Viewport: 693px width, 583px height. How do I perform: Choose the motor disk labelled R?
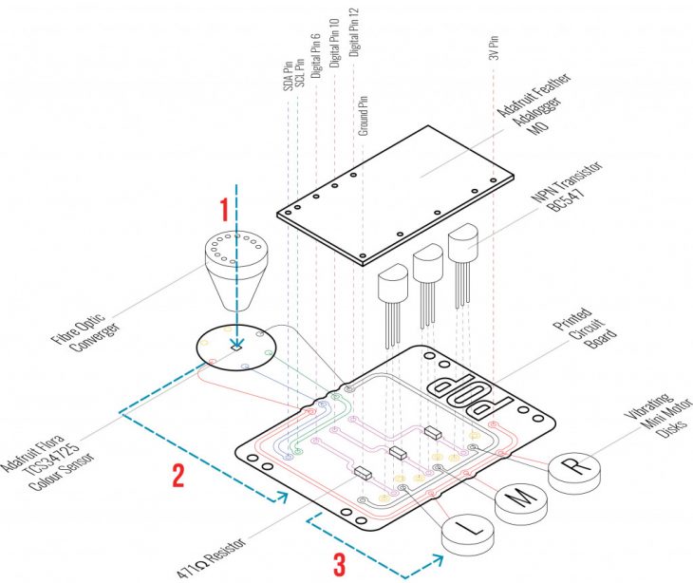click(572, 466)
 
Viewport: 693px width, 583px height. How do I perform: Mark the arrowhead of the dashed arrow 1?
click(236, 345)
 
